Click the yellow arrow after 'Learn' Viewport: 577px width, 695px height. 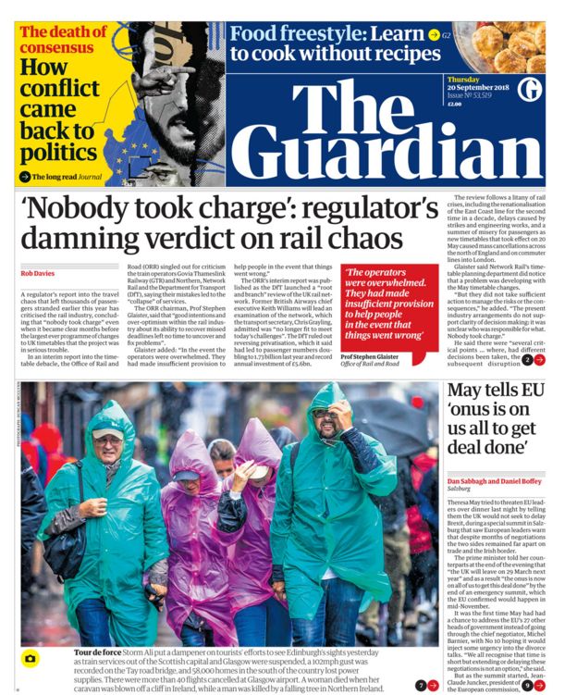(x=434, y=34)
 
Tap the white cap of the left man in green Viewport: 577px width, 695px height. (x=105, y=431)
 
